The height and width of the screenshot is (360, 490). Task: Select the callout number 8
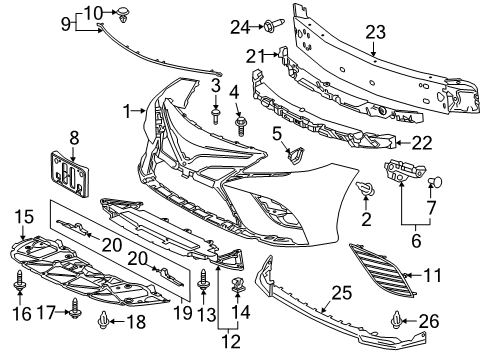tap(72, 135)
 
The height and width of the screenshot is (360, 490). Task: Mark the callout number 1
tap(127, 109)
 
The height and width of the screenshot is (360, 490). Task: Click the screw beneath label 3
tap(216, 116)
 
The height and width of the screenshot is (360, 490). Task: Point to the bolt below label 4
tap(240, 128)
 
